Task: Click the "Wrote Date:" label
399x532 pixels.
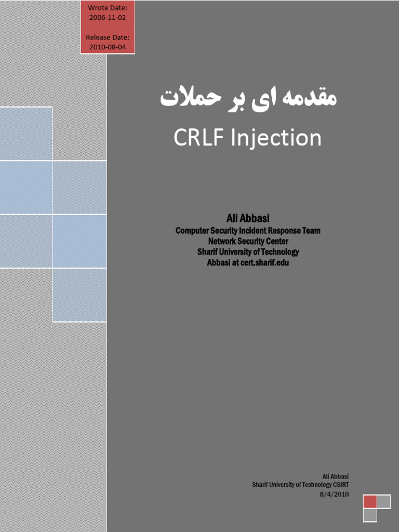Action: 108,7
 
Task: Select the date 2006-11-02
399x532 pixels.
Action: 108,17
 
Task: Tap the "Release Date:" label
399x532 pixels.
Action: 108,37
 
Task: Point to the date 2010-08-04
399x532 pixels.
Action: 108,47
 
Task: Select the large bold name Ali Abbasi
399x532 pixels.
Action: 248,219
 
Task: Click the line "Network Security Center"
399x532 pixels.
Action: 248,241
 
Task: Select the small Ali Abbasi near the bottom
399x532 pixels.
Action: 335,476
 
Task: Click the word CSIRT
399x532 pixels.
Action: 338,485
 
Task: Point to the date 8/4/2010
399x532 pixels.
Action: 334,494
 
